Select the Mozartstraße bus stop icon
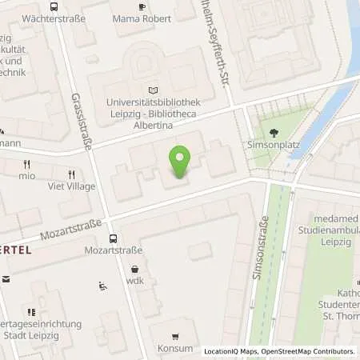pos(114,238)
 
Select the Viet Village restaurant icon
pos(72,174)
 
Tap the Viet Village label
pos(73,186)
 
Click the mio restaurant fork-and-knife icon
pos(26,163)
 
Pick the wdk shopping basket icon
pos(134,270)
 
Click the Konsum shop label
pos(175,348)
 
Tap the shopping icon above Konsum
pos(175,335)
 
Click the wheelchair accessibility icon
pos(102,286)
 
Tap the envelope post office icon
pos(6,279)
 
